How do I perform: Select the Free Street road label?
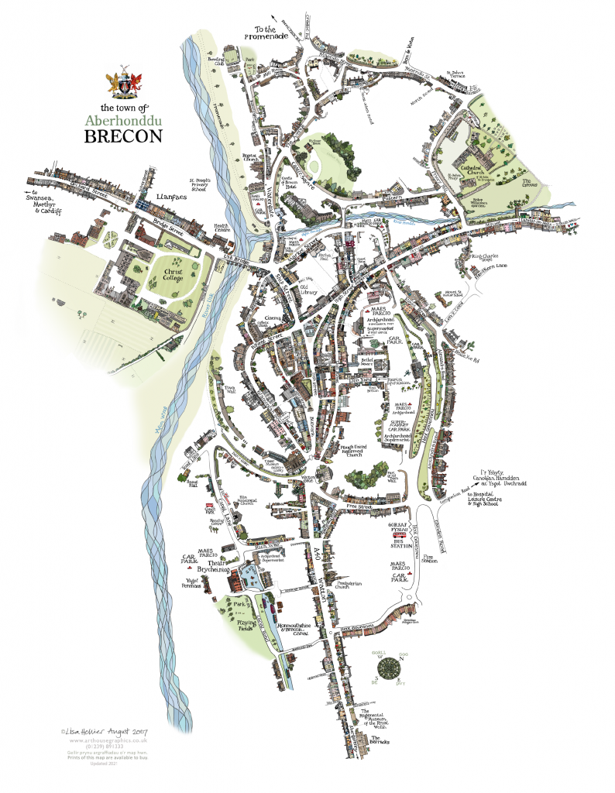tap(360, 507)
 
